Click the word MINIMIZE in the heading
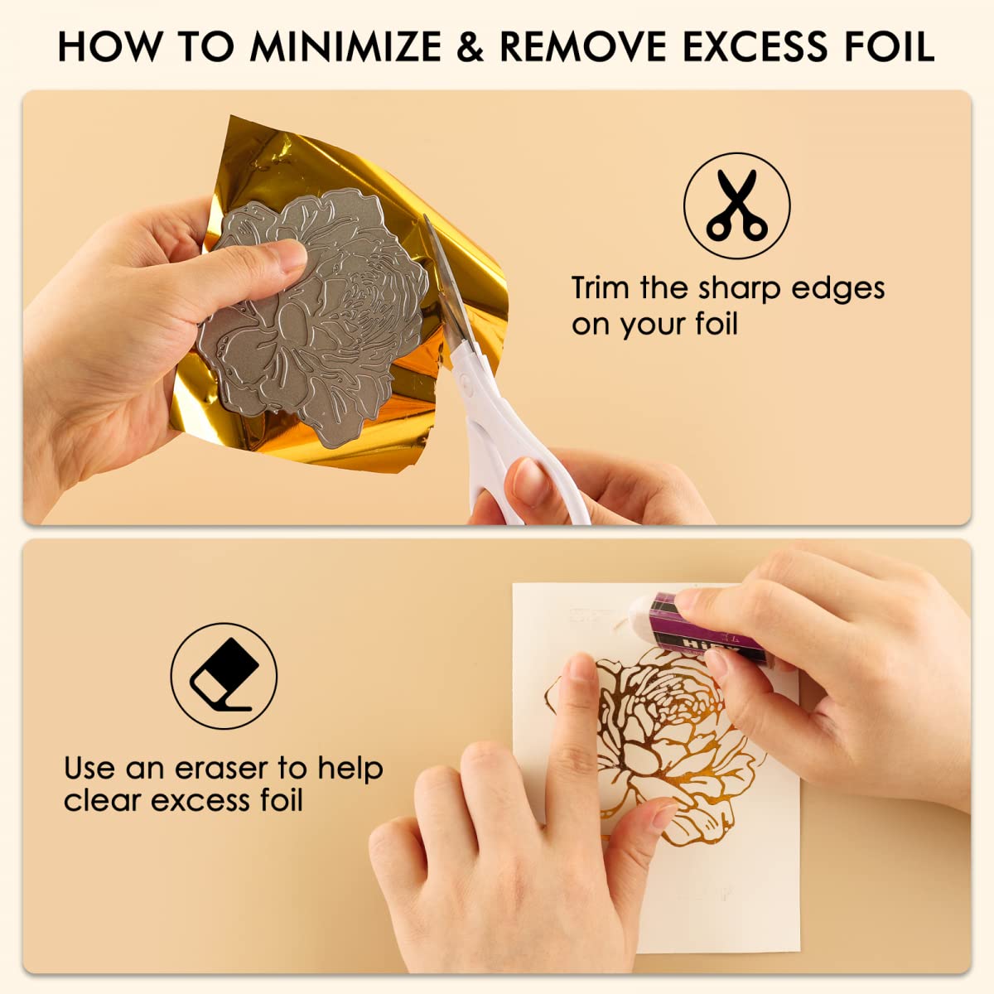pos(345,47)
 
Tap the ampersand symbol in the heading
pos(470,47)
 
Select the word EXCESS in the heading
pos(755,47)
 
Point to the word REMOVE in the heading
pos(583,47)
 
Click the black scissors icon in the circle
pos(736,205)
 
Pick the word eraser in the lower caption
pos(222,770)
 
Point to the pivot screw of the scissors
pos(466,382)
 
